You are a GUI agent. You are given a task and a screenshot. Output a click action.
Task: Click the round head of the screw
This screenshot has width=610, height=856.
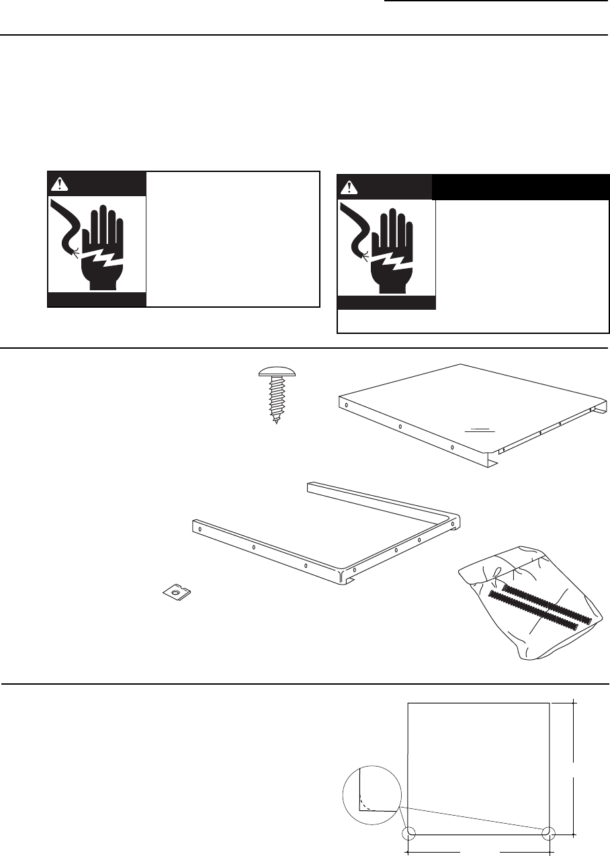coord(278,368)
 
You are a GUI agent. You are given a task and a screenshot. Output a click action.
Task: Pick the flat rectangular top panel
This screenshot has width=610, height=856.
coord(470,406)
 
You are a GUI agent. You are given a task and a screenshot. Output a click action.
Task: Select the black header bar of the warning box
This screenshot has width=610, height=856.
coord(521,187)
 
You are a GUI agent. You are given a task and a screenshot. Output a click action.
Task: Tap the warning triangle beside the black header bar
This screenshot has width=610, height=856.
coord(347,186)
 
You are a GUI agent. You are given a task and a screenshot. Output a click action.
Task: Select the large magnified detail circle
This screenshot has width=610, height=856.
coord(372,794)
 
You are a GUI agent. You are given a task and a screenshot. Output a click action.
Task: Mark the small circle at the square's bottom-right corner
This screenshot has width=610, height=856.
coord(550,834)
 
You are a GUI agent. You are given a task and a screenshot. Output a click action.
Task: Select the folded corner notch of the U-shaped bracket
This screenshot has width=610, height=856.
coord(348,576)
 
